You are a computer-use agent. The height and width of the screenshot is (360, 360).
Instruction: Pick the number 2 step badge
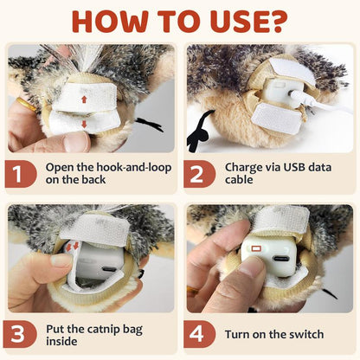pos(199,175)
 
